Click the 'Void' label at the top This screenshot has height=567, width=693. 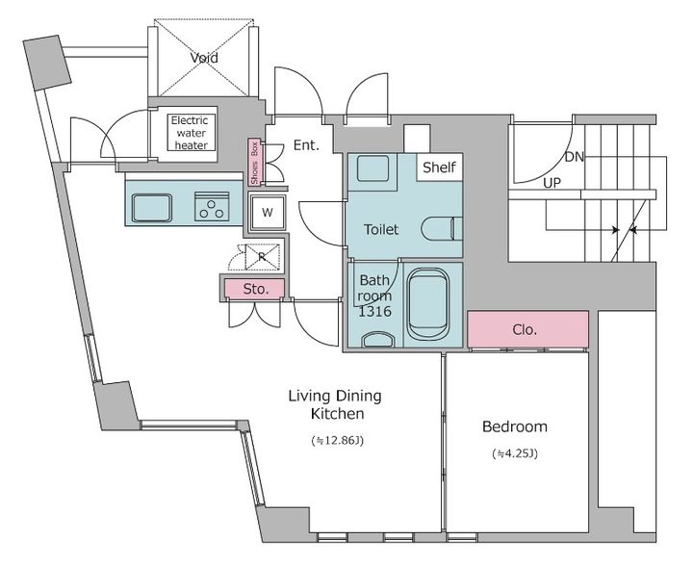204,58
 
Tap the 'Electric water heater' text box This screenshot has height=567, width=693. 190,133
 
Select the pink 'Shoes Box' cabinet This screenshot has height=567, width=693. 255,162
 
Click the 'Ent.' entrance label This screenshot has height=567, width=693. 306,145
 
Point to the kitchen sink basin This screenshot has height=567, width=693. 152,207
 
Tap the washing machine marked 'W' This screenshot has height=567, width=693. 267,213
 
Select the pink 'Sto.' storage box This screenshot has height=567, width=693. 254,289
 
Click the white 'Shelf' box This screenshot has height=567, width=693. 439,168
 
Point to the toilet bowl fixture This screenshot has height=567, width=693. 442,229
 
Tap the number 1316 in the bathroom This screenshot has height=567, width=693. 374,312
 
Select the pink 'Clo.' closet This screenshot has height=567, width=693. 527,329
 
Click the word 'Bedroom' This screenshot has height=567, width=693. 515,426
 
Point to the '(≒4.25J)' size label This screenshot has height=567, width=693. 515,453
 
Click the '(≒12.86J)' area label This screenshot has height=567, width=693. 338,441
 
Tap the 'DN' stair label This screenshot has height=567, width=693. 574,157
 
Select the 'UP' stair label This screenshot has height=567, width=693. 552,183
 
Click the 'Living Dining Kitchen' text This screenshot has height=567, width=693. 335,404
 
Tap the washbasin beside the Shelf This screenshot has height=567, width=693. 372,168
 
